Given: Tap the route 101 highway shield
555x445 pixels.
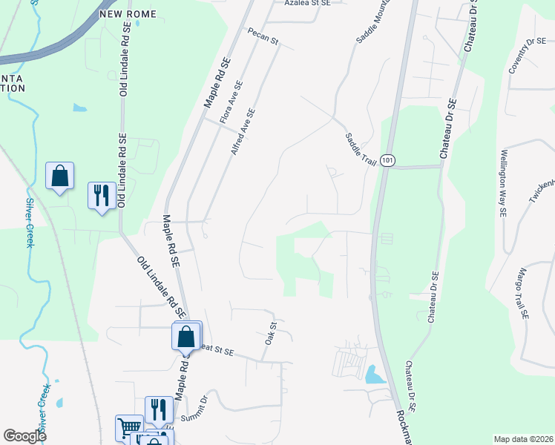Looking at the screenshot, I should point(388,161).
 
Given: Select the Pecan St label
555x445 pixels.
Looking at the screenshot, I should point(263,37).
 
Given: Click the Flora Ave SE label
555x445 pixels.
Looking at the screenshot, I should point(231,102).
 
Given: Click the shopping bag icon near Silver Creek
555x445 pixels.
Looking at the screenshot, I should point(59,177).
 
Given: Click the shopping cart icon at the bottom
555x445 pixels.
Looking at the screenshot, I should point(129,428).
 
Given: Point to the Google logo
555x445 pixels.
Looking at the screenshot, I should point(24,436).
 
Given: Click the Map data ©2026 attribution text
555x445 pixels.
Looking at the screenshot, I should point(523,439).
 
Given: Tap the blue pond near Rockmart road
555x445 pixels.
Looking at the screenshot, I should point(375,375).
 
